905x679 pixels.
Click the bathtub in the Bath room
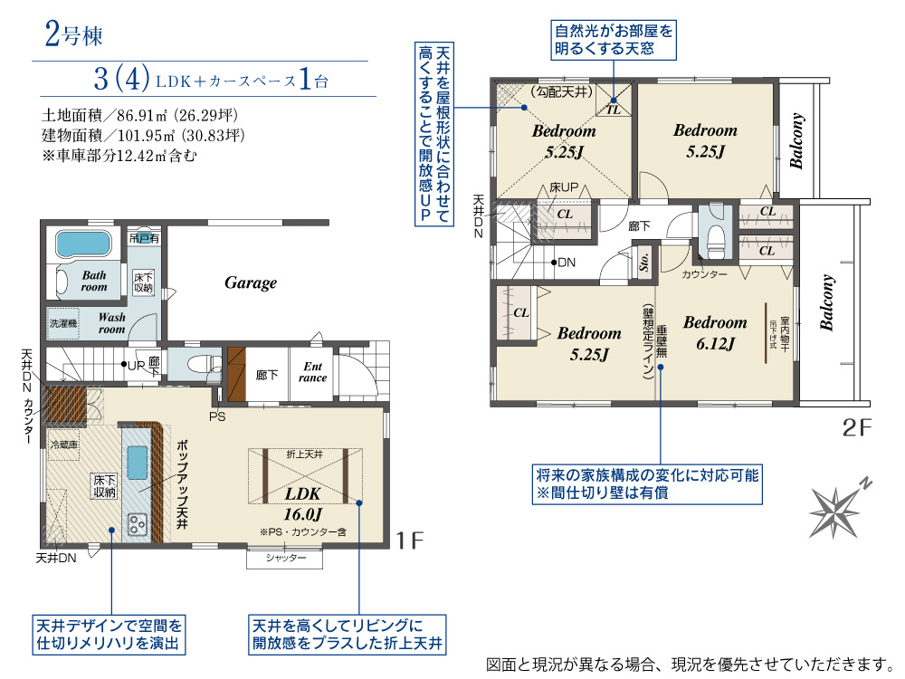click(82, 244)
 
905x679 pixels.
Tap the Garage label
click(251, 283)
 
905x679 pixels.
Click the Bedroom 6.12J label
click(715, 332)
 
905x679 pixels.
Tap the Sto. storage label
click(645, 261)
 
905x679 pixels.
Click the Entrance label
click(313, 372)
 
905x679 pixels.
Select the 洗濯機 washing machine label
click(64, 322)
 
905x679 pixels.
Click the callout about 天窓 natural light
click(614, 40)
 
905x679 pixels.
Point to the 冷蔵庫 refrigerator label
click(65, 445)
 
